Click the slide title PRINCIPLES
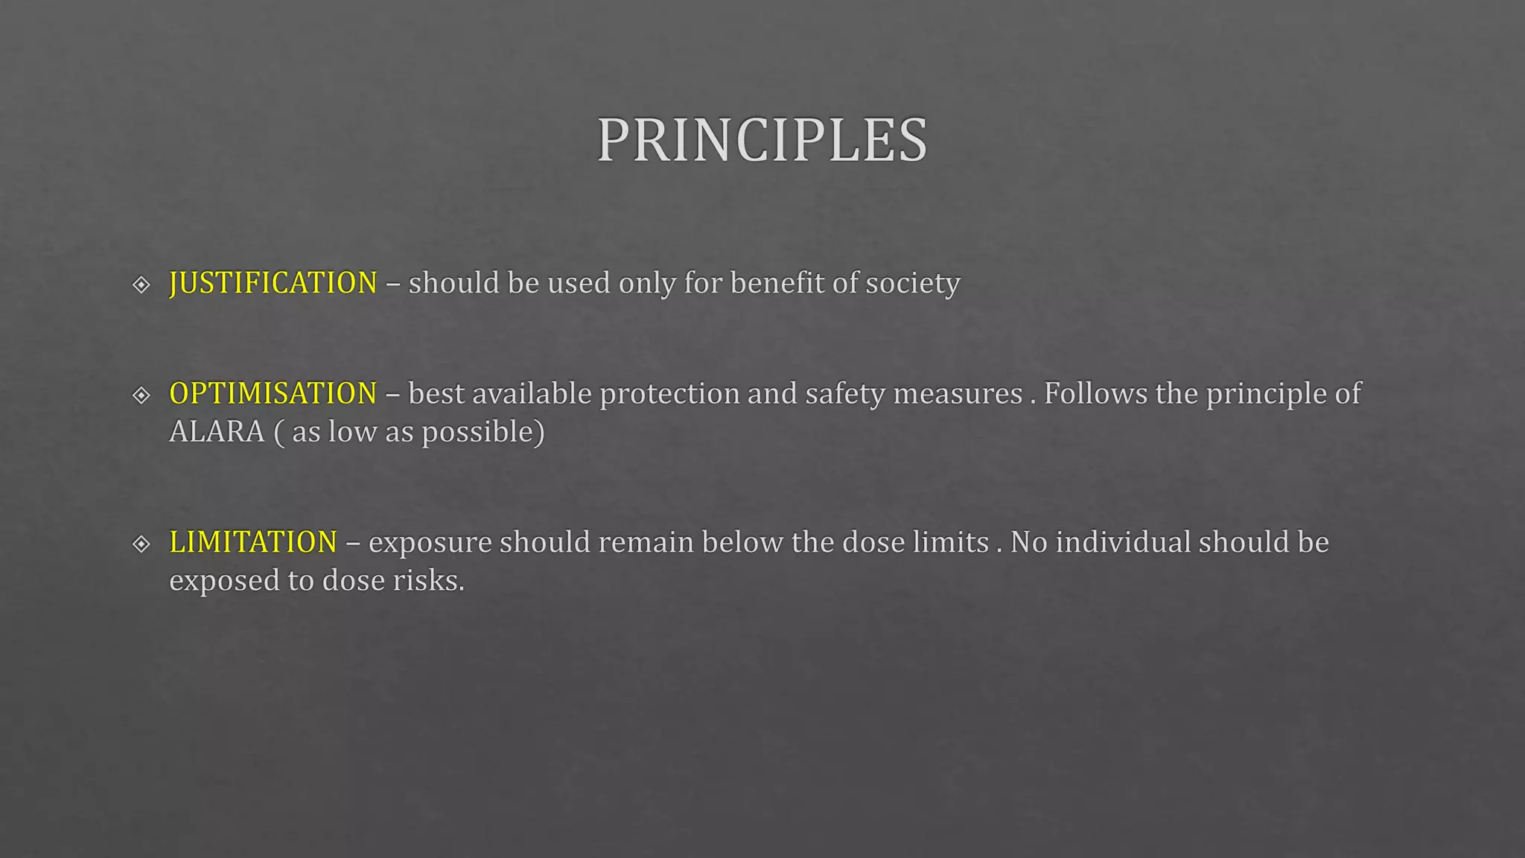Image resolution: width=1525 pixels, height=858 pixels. (762, 140)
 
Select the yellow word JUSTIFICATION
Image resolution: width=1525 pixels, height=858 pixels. (273, 283)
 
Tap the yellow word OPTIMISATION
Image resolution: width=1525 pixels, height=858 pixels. (273, 393)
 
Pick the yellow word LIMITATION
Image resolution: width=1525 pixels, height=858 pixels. (253, 542)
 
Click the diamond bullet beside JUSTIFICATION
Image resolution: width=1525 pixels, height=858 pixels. (141, 285)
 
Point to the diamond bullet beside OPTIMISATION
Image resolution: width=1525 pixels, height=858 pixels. (141, 395)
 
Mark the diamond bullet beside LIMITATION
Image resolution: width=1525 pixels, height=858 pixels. (141, 544)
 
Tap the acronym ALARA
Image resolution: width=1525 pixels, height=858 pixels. (217, 432)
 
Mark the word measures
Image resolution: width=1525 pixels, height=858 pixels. (958, 394)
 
